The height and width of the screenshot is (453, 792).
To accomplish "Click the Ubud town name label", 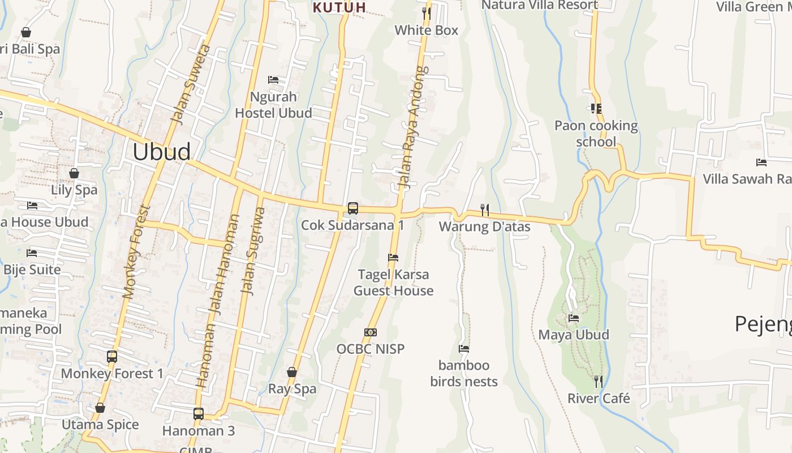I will [x=161, y=152].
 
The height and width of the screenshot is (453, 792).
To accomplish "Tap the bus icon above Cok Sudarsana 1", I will [x=352, y=208].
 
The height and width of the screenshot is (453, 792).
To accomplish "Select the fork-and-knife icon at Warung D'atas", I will [x=484, y=210].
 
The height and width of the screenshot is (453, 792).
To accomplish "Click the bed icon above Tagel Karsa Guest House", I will [x=393, y=258].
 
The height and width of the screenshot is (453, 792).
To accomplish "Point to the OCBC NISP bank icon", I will [x=371, y=332].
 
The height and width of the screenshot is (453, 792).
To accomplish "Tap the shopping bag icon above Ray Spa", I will [x=292, y=372].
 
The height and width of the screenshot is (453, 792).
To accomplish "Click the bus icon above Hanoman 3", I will [x=198, y=413].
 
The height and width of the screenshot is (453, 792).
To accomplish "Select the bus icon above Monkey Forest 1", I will [x=112, y=357].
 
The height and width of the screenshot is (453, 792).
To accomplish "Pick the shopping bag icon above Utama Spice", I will [x=100, y=408].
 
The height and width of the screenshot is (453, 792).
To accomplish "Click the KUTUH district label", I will [x=339, y=7].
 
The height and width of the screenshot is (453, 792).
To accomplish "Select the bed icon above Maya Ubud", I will [x=574, y=318].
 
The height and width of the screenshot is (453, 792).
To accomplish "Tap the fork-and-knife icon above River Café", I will [x=599, y=381].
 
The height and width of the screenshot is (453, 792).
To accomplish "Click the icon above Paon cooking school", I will [x=596, y=108].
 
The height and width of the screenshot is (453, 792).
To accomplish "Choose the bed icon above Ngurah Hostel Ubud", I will [x=273, y=80].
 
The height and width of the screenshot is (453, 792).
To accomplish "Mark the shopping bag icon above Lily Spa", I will [x=74, y=173].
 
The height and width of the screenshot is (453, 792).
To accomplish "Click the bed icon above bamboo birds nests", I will [x=464, y=349].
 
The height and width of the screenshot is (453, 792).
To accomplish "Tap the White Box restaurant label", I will [x=426, y=30].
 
